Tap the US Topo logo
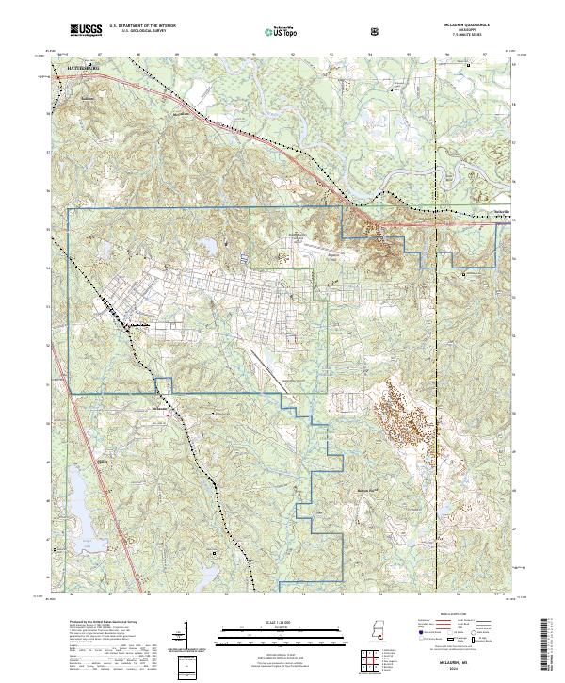point(270,31)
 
